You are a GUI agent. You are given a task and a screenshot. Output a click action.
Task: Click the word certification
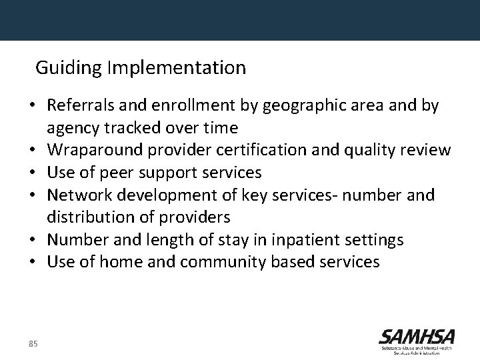(258, 150)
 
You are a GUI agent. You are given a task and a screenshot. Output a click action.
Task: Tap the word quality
(373, 150)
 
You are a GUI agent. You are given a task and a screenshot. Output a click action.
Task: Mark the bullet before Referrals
(33, 106)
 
